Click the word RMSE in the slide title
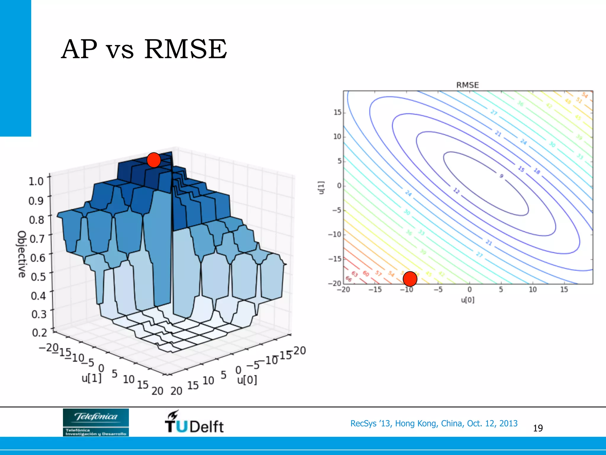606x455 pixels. tap(186, 49)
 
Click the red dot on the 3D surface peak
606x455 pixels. tap(154, 160)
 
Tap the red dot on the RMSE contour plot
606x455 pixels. tap(410, 279)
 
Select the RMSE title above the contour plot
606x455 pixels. tap(468, 85)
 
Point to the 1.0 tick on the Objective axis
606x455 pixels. tap(36, 181)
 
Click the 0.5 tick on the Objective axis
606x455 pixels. tap(38, 277)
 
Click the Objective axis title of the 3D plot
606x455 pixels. tap(22, 254)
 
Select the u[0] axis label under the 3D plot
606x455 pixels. tap(247, 380)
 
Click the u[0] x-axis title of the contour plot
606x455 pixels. tap(468, 300)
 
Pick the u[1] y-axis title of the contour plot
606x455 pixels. tap(322, 188)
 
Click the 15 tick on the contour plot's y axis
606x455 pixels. tap(338, 113)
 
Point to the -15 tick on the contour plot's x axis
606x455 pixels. tap(375, 290)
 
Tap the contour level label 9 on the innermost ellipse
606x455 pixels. tap(501, 176)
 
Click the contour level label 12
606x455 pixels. tap(456, 191)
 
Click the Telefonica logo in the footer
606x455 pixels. tap(96, 422)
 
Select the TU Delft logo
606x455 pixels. tap(194, 422)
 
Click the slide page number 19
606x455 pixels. tap(538, 428)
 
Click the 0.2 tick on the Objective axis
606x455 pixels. tap(39, 333)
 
